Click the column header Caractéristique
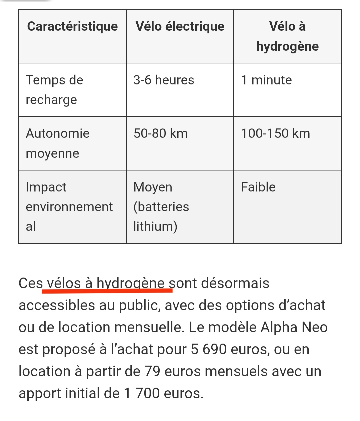click(72, 26)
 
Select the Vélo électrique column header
click(180, 26)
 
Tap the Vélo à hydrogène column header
click(287, 36)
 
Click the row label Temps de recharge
click(54, 90)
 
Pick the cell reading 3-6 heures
click(164, 80)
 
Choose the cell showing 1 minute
click(266, 80)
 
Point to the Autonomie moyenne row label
click(58, 143)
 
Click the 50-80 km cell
click(161, 133)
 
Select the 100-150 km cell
click(275, 133)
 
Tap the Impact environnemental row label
click(69, 206)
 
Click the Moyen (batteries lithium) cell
click(161, 206)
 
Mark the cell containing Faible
click(258, 187)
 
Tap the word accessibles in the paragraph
click(57, 305)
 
